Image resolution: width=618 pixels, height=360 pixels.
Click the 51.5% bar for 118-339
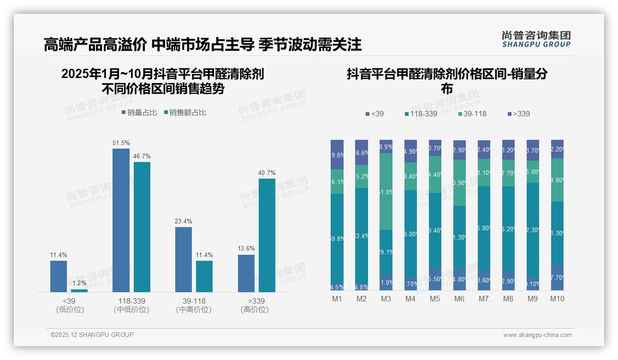point(121,220)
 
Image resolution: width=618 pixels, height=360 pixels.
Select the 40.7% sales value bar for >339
point(267,235)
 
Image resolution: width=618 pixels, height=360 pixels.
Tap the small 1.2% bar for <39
point(79,291)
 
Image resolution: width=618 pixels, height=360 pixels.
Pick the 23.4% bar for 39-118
point(184,259)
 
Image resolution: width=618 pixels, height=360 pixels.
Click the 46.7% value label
point(142,156)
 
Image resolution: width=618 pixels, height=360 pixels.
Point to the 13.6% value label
point(246,249)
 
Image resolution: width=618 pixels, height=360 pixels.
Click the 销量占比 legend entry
point(139,113)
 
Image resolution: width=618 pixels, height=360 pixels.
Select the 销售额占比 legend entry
point(185,113)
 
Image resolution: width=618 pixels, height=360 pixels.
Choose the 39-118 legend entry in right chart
point(472,114)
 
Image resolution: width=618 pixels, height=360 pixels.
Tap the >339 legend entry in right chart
point(518,114)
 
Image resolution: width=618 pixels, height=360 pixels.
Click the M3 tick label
point(386,299)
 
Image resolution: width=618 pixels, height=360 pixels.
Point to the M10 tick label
point(557,299)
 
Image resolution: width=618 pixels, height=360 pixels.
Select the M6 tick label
point(459,299)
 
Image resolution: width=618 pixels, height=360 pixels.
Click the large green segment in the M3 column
point(386,192)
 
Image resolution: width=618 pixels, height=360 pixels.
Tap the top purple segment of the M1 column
point(337,155)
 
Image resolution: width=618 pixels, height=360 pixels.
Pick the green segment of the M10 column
point(557,180)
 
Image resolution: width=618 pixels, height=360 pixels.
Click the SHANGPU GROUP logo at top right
point(536,39)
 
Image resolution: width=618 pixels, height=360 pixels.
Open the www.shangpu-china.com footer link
point(537,335)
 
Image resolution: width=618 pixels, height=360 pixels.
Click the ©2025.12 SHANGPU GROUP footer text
point(92,335)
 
